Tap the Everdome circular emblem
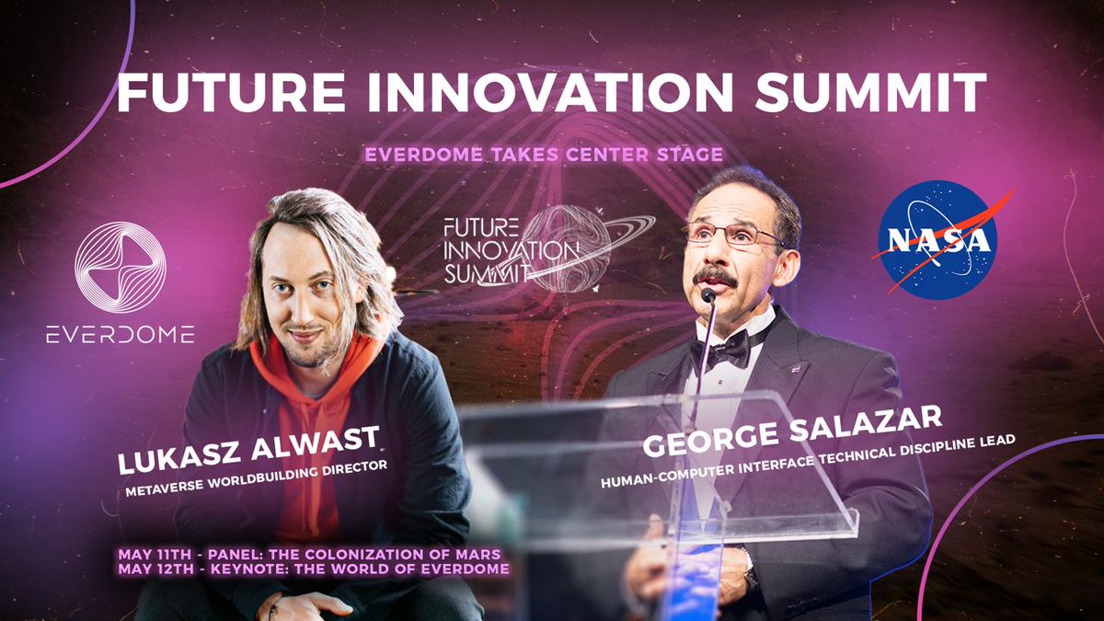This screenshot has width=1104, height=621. (120, 268)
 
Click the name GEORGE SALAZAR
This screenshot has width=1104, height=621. (793, 429)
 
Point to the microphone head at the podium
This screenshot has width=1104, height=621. (707, 295)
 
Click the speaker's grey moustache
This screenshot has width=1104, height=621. (715, 275)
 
